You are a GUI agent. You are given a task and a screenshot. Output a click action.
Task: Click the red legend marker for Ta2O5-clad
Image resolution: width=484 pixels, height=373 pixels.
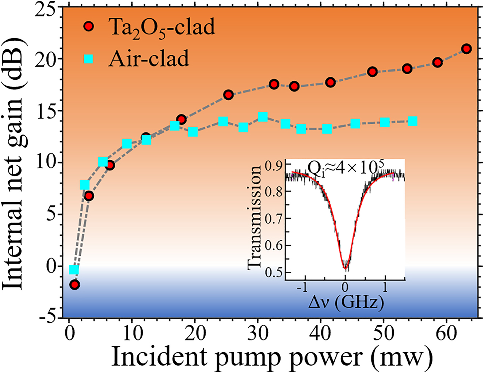tap(88, 27)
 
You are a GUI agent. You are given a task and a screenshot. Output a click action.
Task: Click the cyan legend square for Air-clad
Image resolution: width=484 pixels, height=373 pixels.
tap(88, 59)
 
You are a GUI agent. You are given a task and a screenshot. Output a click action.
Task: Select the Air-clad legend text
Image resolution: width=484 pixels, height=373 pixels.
tap(149, 59)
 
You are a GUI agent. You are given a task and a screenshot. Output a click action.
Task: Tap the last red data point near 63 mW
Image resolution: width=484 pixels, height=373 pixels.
tap(466, 49)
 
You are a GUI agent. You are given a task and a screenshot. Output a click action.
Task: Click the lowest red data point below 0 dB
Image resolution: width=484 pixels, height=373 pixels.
tap(75, 285)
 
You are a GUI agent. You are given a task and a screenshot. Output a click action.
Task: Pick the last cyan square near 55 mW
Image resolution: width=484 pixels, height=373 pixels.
tap(412, 121)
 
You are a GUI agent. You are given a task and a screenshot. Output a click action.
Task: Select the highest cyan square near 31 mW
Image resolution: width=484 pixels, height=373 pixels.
tap(263, 117)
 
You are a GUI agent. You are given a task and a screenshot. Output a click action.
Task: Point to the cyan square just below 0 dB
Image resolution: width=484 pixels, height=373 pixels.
tap(74, 270)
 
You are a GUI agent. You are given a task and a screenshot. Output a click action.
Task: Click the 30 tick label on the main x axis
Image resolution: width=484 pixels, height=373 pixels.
tap(258, 333)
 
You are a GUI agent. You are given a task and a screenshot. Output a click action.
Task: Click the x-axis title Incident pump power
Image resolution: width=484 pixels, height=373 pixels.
tap(271, 356)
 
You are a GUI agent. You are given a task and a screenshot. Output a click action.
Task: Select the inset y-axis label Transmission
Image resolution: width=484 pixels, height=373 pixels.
tap(254, 217)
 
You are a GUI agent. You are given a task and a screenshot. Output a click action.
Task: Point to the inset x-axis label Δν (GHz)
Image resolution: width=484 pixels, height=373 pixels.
tap(346, 303)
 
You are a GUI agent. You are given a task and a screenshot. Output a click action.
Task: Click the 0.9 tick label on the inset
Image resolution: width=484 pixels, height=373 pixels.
tap(274, 165)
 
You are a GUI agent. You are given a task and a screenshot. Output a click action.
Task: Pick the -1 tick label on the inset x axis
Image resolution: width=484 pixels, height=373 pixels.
tap(302, 288)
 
